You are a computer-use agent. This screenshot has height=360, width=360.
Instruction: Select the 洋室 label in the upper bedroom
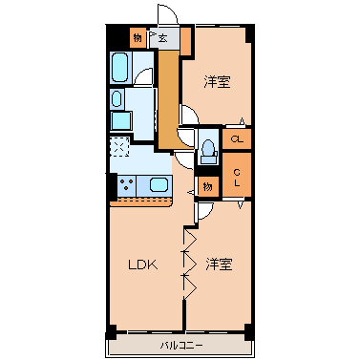[217, 81]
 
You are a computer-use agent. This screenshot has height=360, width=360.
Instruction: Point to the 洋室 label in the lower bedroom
[220, 264]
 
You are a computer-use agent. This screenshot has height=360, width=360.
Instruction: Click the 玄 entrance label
[163, 39]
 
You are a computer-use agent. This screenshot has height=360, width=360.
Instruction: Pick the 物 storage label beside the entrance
[138, 38]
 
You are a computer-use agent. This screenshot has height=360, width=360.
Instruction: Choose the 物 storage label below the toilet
[207, 185]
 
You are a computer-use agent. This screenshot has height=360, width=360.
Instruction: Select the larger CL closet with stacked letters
[238, 177]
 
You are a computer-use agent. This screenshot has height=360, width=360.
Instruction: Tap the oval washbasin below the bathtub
[116, 97]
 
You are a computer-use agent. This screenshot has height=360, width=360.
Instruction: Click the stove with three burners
[126, 184]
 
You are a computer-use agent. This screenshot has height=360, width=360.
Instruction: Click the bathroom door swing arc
[144, 81]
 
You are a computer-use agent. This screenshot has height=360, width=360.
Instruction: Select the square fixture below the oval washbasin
[119, 121]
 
